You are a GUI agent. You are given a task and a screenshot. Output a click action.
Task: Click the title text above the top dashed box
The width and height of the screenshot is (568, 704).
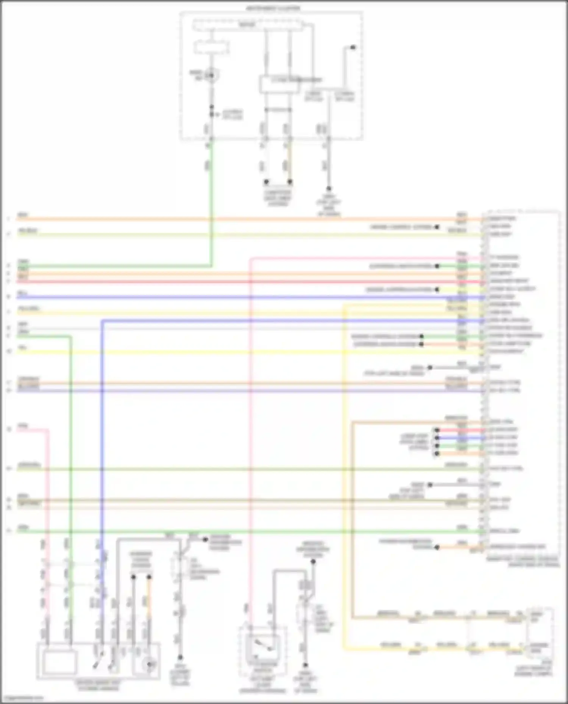click(273, 8)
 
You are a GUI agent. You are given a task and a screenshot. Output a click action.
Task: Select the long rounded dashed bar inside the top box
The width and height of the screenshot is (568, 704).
click(248, 25)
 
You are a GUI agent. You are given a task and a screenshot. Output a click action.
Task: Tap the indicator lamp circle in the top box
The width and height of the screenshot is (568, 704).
click(212, 76)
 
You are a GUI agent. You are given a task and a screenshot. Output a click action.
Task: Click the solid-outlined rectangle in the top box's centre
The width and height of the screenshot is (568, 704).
click(279, 84)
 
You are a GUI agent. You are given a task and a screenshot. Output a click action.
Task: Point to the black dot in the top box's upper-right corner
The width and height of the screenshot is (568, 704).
click(353, 47)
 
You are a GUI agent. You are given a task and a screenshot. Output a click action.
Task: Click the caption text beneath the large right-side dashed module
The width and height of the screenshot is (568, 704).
click(523, 561)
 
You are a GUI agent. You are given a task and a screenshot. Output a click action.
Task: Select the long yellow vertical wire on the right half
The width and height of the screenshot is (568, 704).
click(344, 492)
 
